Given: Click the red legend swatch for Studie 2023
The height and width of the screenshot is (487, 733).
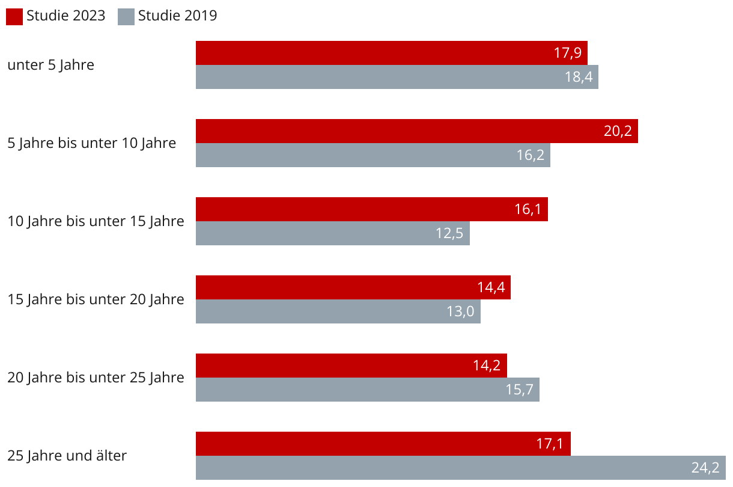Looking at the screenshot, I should [14, 17].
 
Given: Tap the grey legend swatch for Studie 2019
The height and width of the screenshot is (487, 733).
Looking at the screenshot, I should [126, 17].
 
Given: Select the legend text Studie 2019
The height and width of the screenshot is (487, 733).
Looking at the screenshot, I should [177, 16].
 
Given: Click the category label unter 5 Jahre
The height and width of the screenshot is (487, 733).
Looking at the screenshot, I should [50, 65].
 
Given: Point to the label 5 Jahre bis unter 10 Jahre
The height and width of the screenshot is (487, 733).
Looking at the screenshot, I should [91, 143].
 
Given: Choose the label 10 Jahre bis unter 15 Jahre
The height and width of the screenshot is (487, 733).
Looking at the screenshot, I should [96, 221].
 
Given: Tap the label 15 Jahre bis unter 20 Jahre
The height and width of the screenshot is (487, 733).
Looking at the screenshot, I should [96, 299].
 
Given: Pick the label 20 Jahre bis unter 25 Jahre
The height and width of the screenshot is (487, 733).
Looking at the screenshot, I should [96, 378].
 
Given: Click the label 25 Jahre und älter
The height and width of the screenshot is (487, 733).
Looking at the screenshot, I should [67, 456].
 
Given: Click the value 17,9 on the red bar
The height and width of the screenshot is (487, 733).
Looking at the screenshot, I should [567, 53].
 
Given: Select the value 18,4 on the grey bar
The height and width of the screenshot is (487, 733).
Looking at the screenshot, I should [578, 77].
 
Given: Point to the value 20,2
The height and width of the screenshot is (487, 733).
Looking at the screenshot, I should [618, 131].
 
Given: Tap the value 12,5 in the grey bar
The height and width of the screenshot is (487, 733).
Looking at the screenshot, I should [449, 233].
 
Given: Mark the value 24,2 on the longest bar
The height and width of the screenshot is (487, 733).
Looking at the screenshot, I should [705, 468].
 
